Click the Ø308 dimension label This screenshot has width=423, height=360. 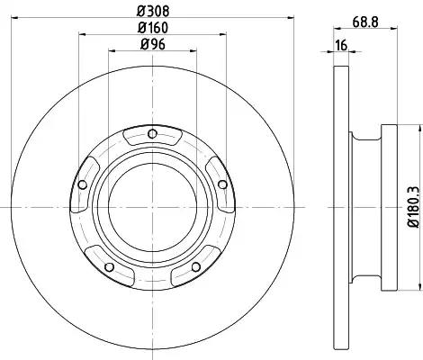pyautogui.click(x=153, y=12)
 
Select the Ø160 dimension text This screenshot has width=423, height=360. pyautogui.click(x=153, y=28)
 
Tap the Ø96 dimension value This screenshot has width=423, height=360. pyautogui.click(x=153, y=44)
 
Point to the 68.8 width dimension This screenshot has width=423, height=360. pyautogui.click(x=365, y=22)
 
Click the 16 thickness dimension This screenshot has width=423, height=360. pyautogui.click(x=341, y=45)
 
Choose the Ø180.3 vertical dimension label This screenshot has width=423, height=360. pyautogui.click(x=413, y=207)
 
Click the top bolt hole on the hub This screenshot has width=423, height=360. pyautogui.click(x=152, y=133)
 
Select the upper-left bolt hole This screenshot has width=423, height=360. pyautogui.click(x=82, y=184)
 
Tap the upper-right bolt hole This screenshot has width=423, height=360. pyautogui.click(x=222, y=184)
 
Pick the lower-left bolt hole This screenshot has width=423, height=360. pyautogui.click(x=109, y=266)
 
